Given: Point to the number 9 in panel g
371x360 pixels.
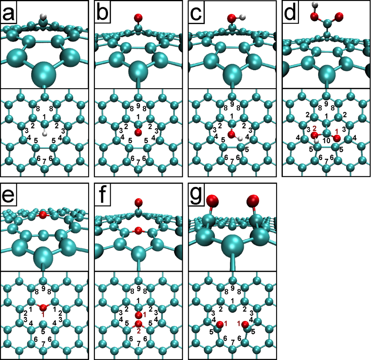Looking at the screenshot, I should pyautogui.click(x=233, y=288).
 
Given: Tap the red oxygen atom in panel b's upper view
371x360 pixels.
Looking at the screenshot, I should pyautogui.click(x=138, y=17).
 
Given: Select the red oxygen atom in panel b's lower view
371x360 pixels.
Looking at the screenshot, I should pyautogui.click(x=138, y=132).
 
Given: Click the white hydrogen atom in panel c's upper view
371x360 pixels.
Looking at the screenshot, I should pyautogui.click(x=242, y=17).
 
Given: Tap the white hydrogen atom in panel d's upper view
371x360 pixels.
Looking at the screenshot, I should pyautogui.click(x=315, y=5).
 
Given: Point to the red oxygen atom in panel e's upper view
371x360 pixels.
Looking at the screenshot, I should pyautogui.click(x=43, y=215).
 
